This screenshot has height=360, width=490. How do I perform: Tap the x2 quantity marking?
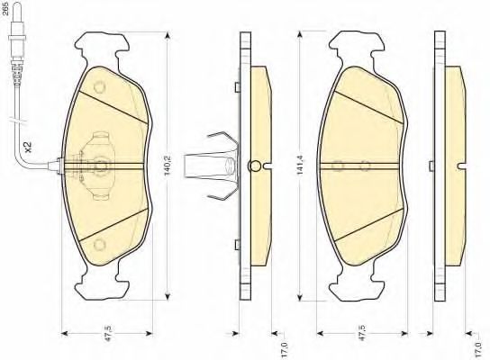pos(29,147)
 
